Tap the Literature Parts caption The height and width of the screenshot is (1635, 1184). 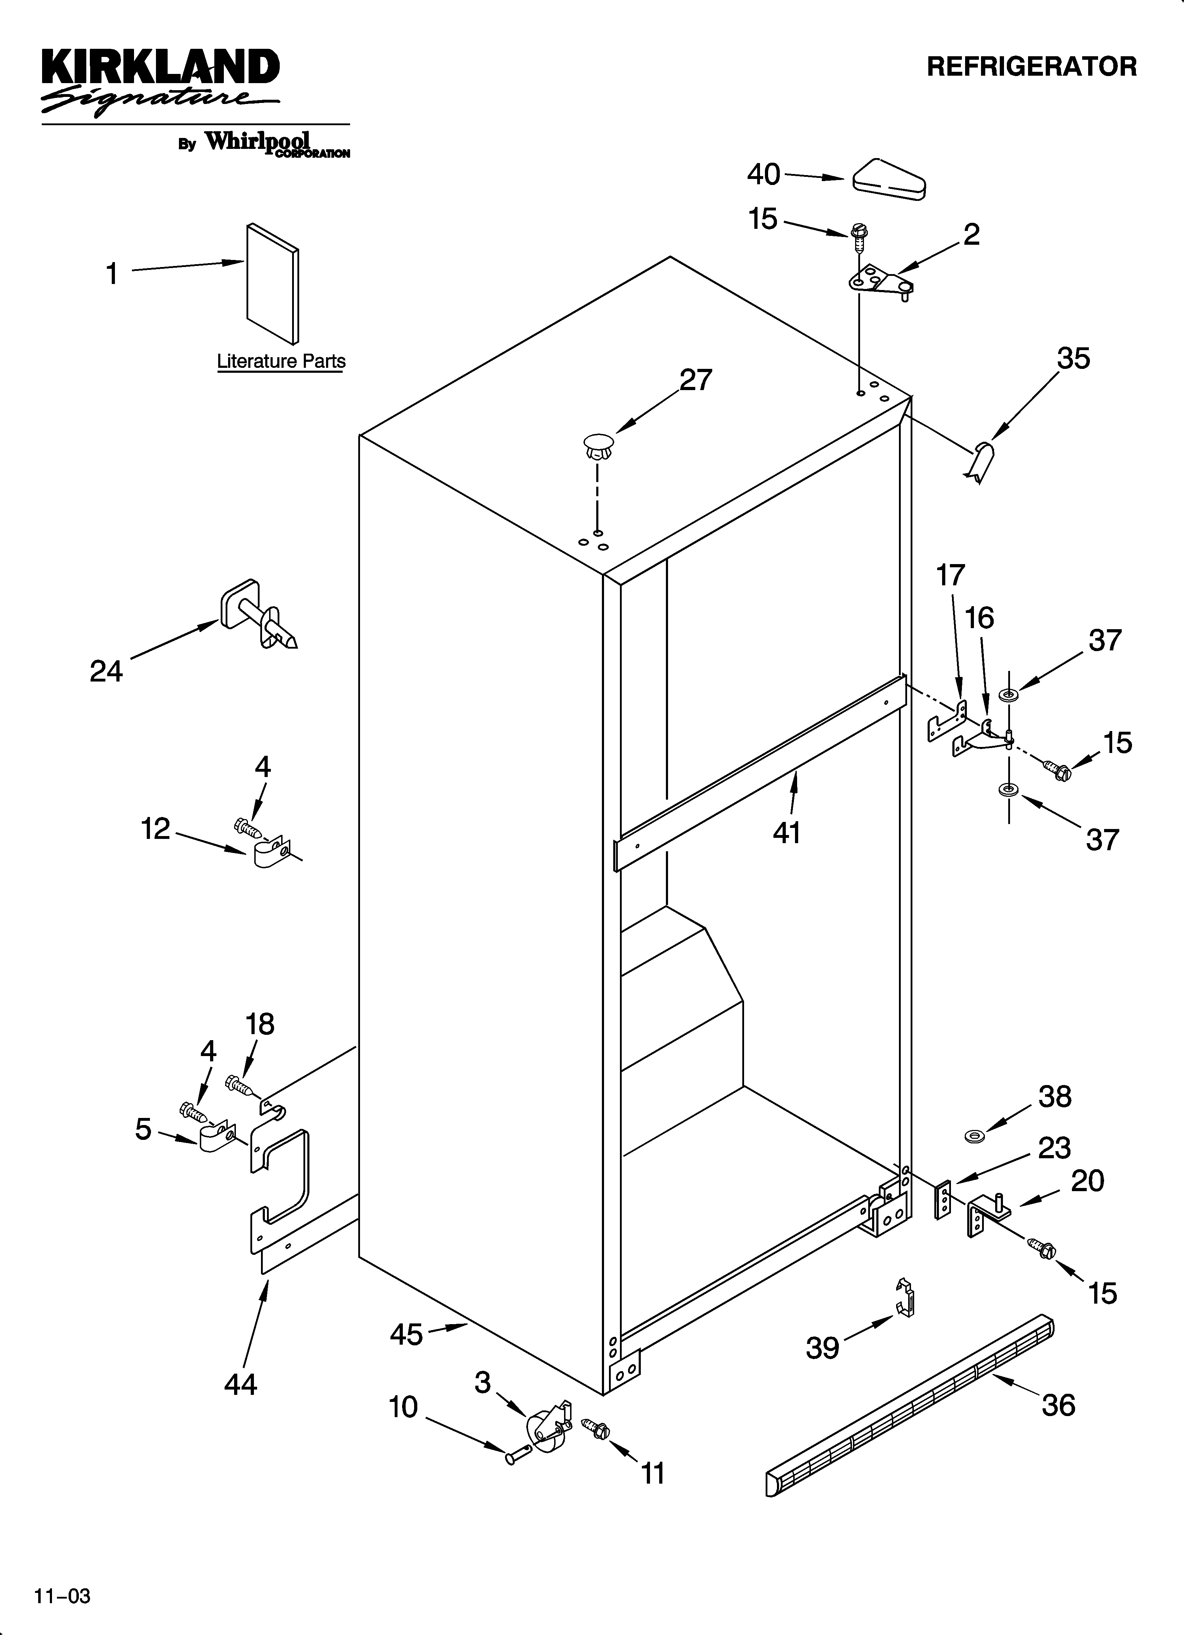[x=281, y=361]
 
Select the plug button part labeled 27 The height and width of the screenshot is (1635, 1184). [x=596, y=447]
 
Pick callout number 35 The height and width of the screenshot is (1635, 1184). [x=1073, y=358]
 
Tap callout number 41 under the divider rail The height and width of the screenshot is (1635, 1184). [x=787, y=833]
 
